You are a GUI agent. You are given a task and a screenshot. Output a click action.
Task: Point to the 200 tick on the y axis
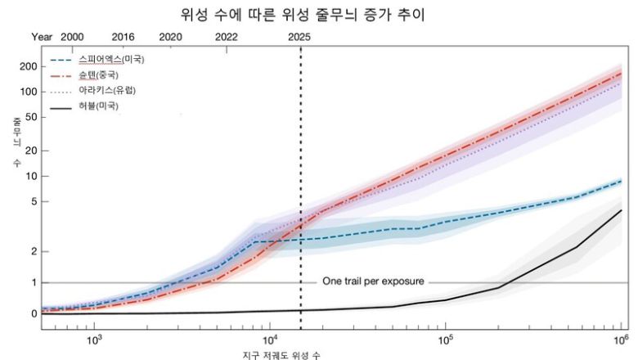point(27,66)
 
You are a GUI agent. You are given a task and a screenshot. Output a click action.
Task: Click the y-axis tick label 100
point(27,91)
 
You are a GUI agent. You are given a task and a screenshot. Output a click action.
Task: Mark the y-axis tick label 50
point(29,117)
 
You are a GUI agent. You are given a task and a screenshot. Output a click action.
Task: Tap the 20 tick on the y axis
point(29,151)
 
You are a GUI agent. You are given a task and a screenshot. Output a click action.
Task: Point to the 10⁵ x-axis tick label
point(446,340)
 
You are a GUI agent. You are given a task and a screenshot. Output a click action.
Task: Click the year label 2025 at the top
point(300,38)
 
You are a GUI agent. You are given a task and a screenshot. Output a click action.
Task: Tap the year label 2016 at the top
point(123,38)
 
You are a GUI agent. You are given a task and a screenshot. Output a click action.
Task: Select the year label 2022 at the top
point(227,38)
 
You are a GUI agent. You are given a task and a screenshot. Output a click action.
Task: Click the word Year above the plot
point(42,38)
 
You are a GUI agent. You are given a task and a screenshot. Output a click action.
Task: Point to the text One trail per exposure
point(373,281)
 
